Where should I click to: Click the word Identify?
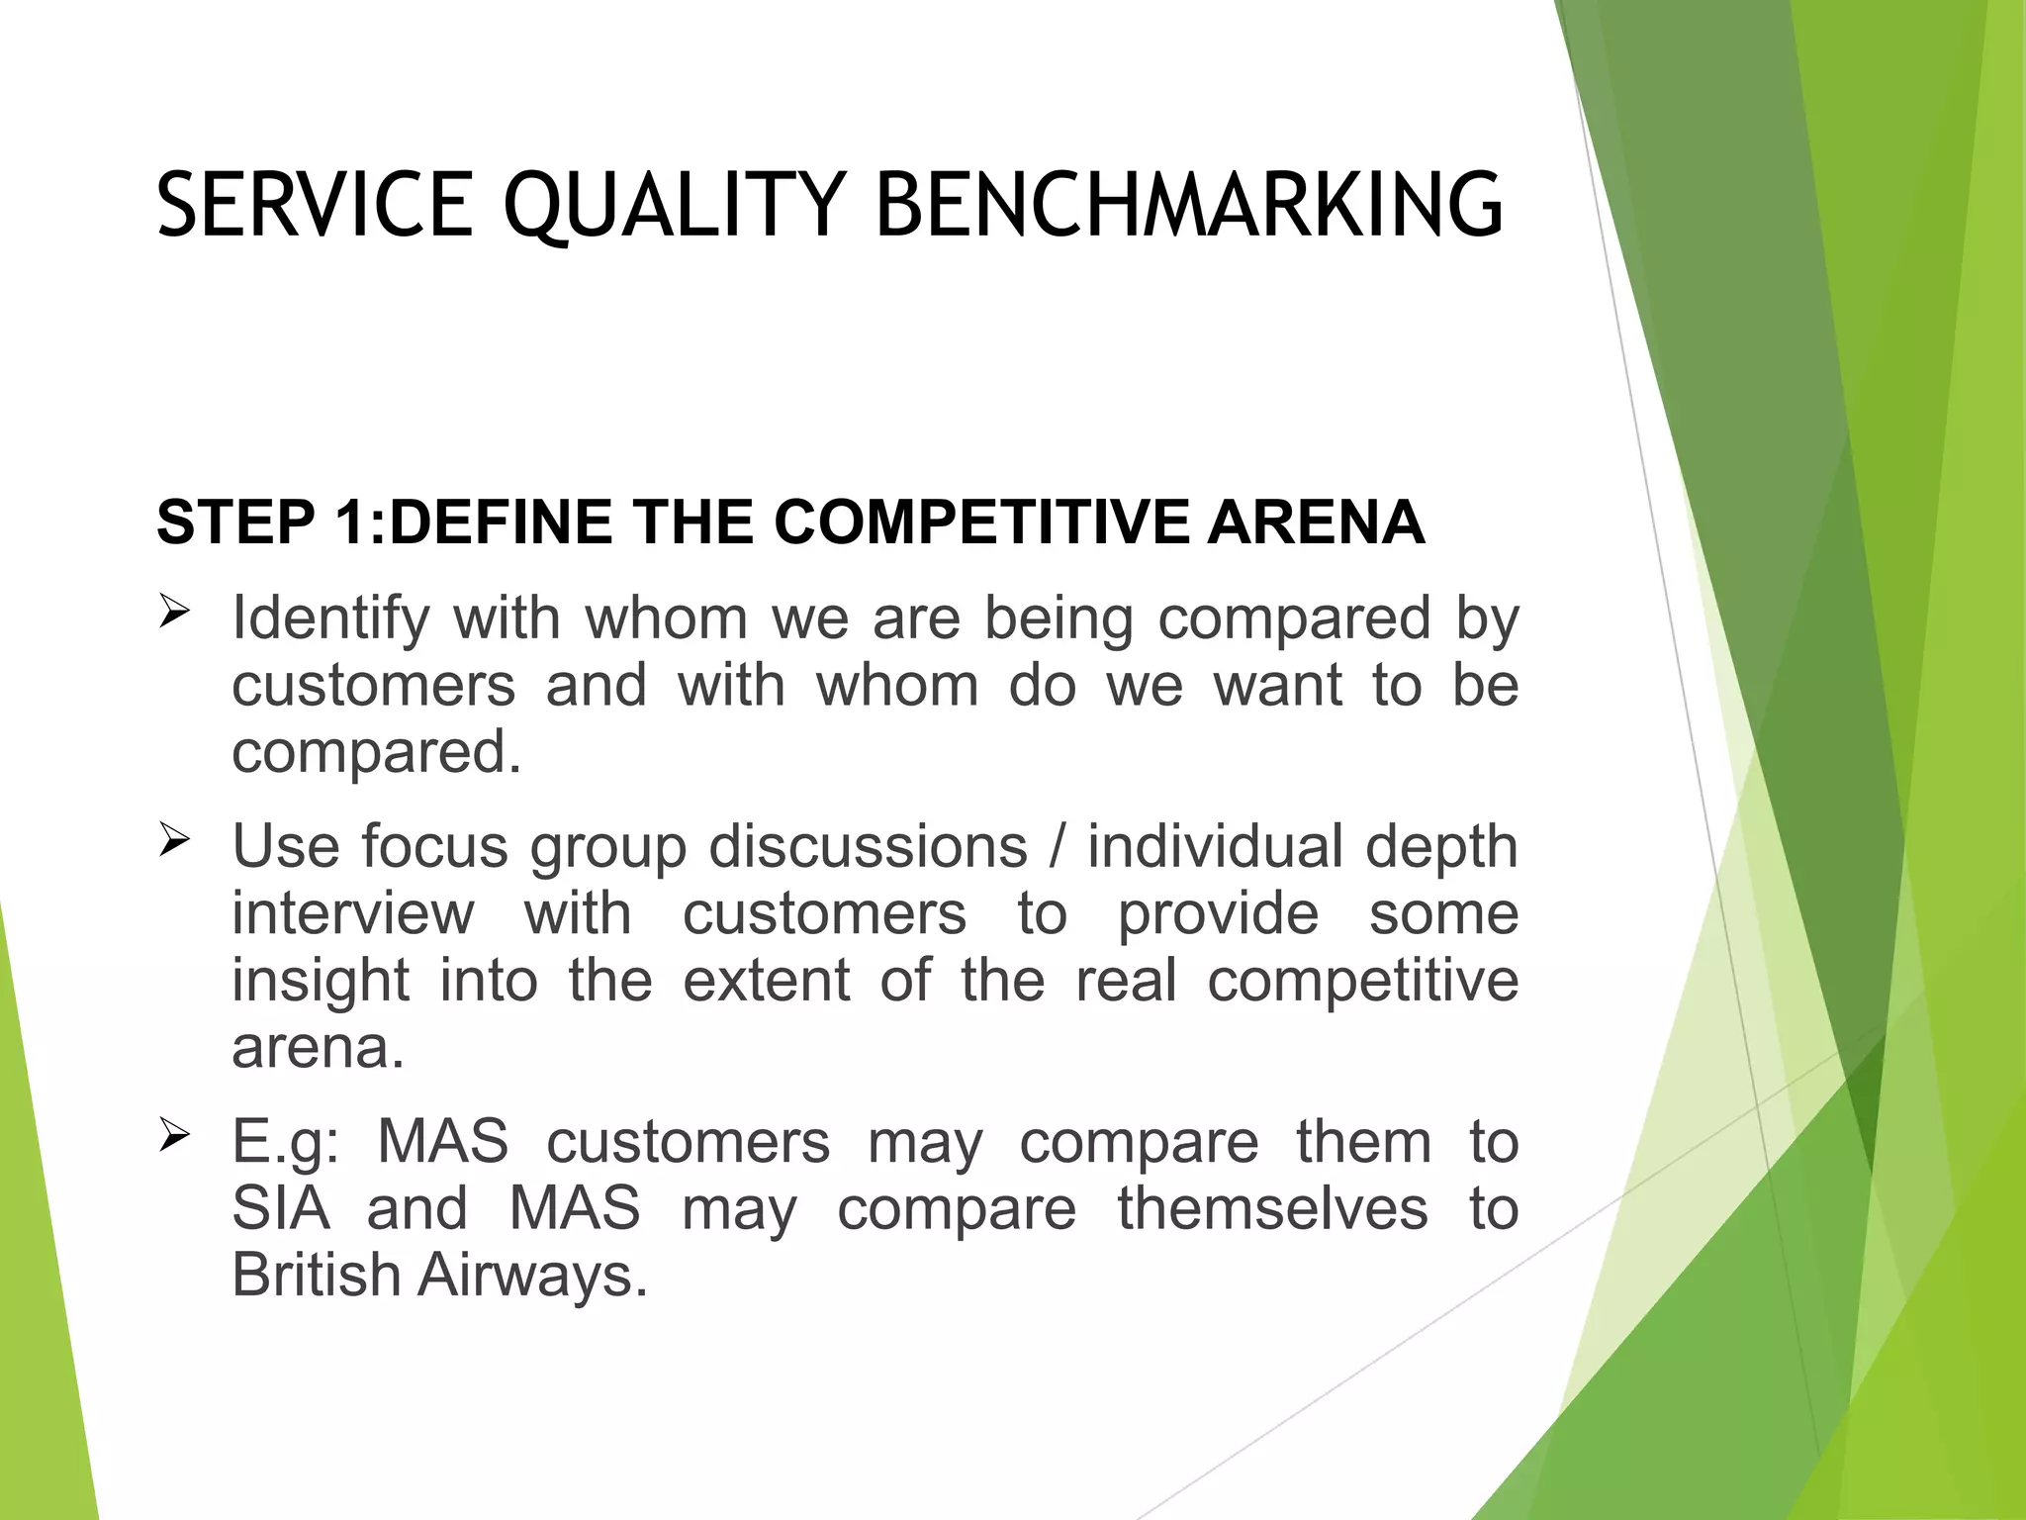[x=330, y=618]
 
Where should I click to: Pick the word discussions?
[x=868, y=847]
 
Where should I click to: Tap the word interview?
[x=353, y=912]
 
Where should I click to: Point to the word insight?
[x=321, y=980]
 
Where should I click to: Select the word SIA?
[x=280, y=1208]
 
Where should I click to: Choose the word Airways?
[x=532, y=1275]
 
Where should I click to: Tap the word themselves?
[x=1272, y=1208]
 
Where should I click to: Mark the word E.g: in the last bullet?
[x=285, y=1142]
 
